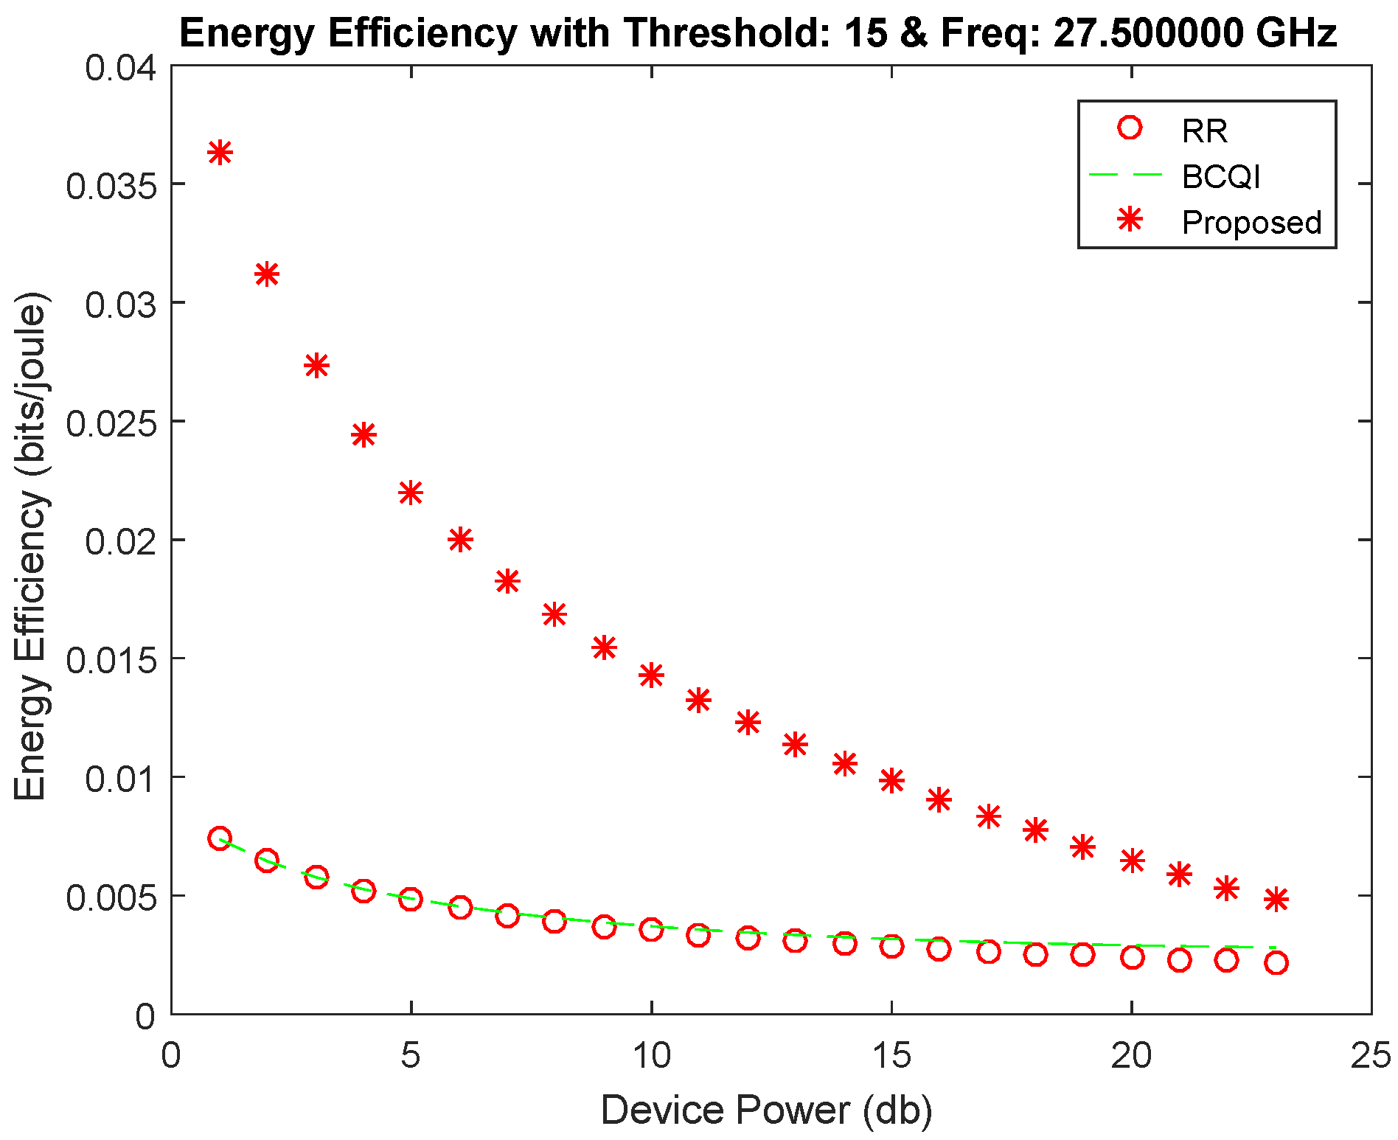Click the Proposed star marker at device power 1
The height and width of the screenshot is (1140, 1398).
pos(220,153)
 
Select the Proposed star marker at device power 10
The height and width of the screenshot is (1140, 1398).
pos(651,675)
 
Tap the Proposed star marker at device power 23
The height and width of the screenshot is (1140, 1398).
pos(1276,900)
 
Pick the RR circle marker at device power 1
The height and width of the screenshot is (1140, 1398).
pos(220,838)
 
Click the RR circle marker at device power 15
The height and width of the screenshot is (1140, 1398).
pos(891,946)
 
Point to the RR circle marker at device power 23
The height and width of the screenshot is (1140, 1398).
pos(1276,963)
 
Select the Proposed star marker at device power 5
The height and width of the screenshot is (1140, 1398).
pos(411,493)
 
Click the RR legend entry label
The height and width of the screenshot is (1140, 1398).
pos(1204,131)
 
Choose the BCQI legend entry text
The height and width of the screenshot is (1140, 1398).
pos(1221,177)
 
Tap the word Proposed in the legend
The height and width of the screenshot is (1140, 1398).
pos(1251,222)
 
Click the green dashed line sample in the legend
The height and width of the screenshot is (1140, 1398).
pos(1126,175)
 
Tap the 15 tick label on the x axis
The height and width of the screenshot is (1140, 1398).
pos(891,1056)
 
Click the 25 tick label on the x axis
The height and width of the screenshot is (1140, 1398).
pos(1370,1056)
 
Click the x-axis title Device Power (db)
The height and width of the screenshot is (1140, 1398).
pos(767,1110)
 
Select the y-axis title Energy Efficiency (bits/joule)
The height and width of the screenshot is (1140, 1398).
pos(31,546)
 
